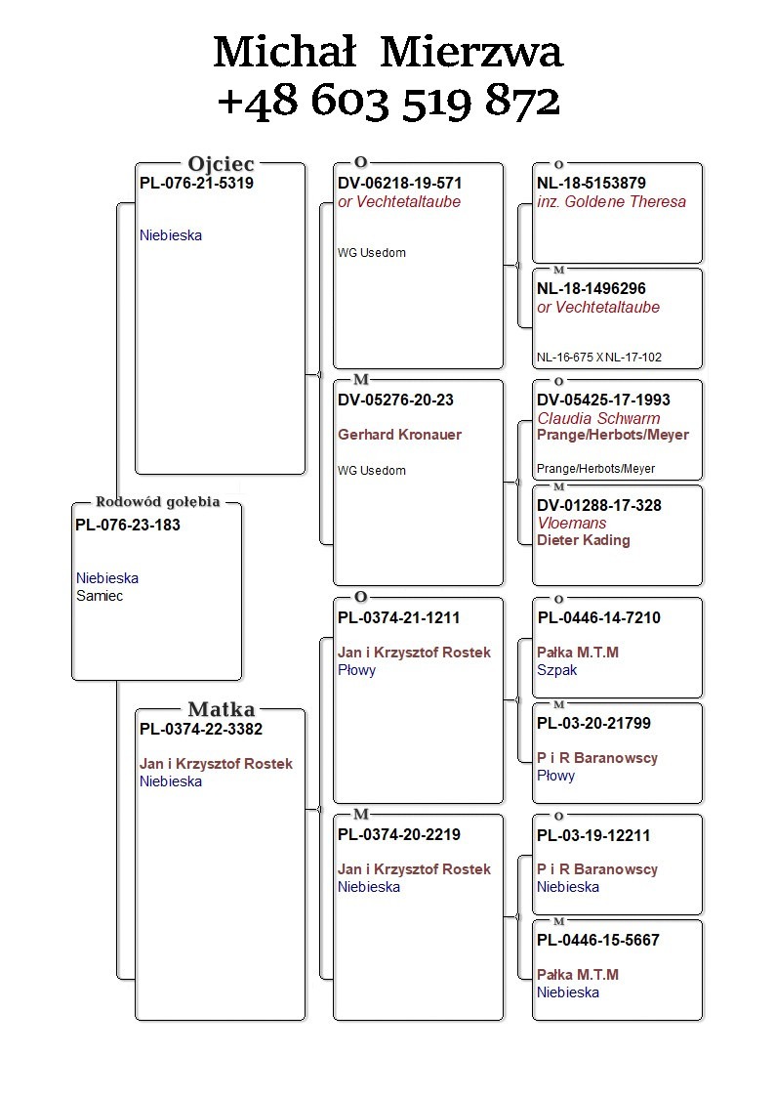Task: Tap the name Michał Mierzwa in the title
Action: (387, 52)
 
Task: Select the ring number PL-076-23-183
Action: (128, 525)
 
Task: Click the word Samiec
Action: (100, 596)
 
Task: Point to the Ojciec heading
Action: (221, 164)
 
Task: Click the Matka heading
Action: (221, 710)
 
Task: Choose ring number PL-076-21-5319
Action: (196, 183)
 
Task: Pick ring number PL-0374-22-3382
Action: (201, 729)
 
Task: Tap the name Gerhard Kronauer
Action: (399, 435)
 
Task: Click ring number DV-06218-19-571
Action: (399, 183)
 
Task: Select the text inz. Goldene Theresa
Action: (611, 202)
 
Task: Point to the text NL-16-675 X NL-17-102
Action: (599, 358)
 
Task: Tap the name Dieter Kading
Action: (584, 540)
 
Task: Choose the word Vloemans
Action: (572, 523)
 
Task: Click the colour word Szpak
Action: (556, 670)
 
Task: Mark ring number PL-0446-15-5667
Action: (598, 940)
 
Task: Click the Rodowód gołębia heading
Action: (157, 502)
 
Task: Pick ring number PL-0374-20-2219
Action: (398, 834)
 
